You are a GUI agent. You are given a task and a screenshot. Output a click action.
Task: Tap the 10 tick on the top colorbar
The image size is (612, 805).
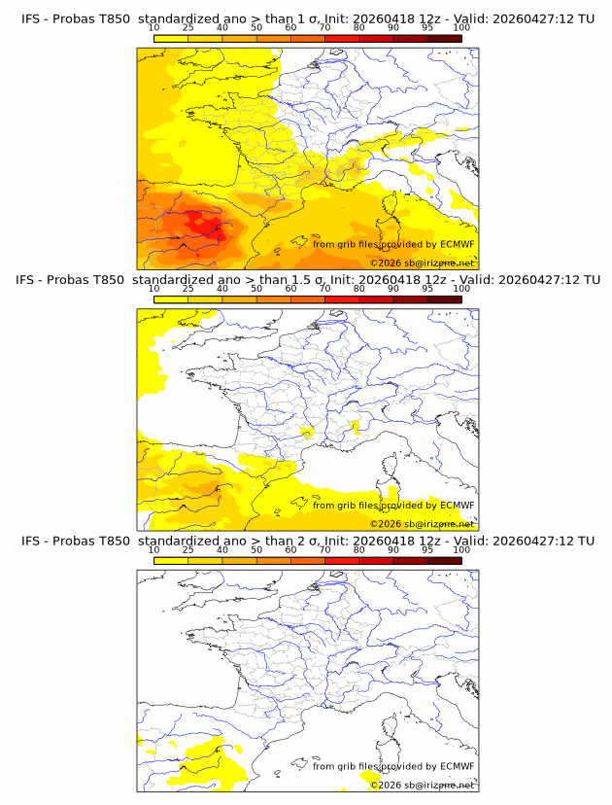tap(154, 28)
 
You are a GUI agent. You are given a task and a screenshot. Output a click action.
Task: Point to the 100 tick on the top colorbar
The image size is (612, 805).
tap(461, 28)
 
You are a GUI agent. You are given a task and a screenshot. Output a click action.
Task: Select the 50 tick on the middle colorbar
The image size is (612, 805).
tap(256, 290)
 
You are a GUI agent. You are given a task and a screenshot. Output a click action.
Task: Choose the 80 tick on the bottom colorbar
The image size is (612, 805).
tap(359, 550)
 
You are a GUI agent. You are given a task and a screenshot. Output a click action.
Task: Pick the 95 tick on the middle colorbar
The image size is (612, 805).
tap(427, 290)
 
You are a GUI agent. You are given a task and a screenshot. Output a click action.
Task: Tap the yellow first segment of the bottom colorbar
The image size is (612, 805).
tap(171, 560)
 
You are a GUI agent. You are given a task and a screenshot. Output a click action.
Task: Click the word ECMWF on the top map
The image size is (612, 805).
tap(457, 244)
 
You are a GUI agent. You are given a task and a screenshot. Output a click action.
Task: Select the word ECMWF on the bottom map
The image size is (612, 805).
tap(457, 766)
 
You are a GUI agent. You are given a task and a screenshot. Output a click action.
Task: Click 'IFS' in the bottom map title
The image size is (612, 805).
tap(31, 541)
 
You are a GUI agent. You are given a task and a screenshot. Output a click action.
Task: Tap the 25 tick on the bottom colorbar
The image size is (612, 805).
tap(188, 550)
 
